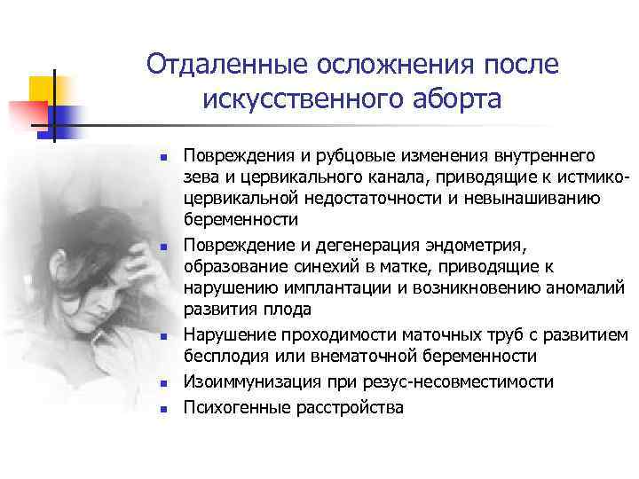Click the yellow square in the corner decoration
[x=43, y=89]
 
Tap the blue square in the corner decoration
[x=67, y=115]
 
